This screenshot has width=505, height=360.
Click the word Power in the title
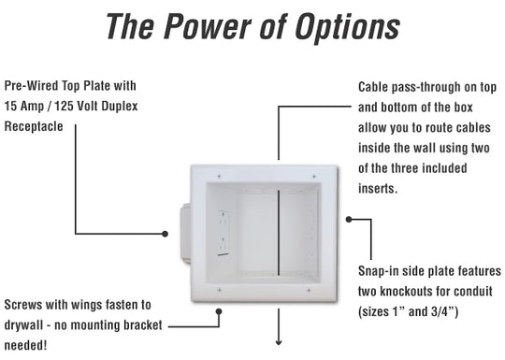[208, 26]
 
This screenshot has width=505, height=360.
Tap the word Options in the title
[348, 28]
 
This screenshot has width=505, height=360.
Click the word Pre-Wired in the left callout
[31, 86]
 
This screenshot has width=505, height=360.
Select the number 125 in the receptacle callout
[64, 107]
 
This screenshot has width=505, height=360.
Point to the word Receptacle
[34, 126]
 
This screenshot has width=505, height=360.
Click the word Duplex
[119, 107]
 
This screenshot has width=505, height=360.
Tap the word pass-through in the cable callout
[426, 88]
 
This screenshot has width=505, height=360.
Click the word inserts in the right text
[378, 188]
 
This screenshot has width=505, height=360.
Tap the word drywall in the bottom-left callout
[23, 325]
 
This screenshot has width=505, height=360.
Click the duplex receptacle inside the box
[224, 233]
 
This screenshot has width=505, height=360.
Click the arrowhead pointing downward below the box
[279, 341]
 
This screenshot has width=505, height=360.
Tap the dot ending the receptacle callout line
[165, 234]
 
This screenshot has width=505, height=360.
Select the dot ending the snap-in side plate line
[349, 220]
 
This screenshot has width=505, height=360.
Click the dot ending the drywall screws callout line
[219, 311]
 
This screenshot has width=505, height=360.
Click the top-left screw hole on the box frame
[219, 176]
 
